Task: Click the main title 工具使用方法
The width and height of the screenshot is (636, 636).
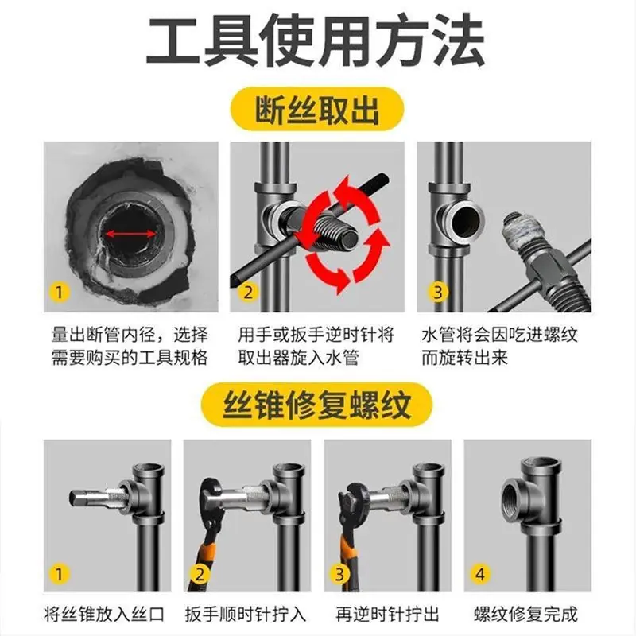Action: tap(316, 41)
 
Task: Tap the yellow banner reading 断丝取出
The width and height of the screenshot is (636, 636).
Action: tap(317, 109)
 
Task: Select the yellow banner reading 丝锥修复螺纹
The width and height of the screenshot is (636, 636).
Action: tap(317, 405)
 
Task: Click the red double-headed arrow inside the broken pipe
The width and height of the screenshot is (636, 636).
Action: tap(130, 234)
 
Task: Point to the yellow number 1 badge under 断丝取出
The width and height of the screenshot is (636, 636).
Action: tap(60, 292)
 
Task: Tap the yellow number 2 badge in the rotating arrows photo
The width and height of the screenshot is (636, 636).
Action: tap(248, 292)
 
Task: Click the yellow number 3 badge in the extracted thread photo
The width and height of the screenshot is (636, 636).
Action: tap(438, 292)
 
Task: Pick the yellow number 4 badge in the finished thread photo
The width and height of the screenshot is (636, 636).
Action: tap(480, 574)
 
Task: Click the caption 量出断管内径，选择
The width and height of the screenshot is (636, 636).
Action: tap(130, 335)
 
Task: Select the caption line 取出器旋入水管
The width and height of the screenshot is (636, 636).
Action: tap(299, 358)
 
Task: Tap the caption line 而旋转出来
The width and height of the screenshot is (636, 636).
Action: tap(464, 358)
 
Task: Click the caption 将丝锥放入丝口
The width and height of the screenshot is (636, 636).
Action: tap(104, 614)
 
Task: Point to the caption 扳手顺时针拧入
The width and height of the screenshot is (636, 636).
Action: tap(246, 614)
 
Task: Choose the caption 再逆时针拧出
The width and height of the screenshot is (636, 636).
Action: tap(387, 614)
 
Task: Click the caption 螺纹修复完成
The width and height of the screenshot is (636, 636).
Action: tap(525, 614)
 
